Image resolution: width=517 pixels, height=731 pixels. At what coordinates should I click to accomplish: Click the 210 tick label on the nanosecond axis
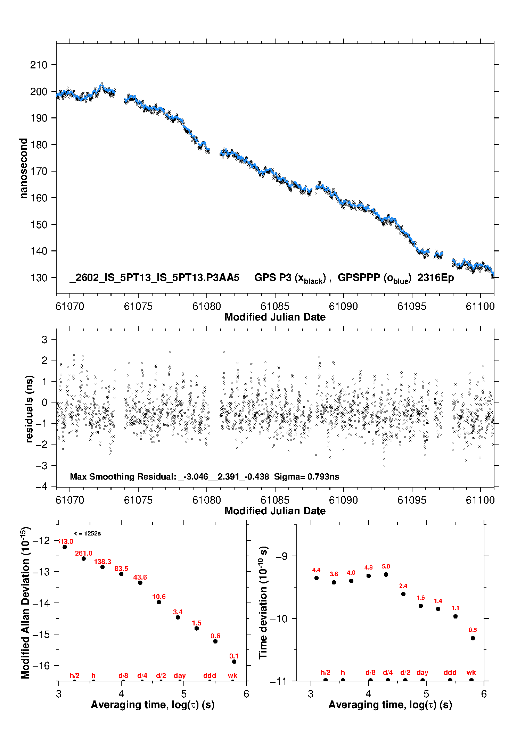coord(39,65)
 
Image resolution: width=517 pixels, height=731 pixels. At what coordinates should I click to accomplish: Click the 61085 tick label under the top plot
coord(275,306)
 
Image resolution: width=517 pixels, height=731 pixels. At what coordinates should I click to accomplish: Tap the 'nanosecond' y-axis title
coord(24,168)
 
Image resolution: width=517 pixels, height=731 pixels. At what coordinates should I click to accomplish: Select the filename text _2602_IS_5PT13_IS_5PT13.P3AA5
coord(154,277)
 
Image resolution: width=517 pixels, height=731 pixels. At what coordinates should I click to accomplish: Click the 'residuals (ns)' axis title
coord(30,409)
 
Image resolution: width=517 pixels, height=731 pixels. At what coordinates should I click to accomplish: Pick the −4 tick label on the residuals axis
coord(41,487)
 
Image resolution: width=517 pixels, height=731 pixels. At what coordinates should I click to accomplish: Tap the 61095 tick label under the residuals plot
coord(412,500)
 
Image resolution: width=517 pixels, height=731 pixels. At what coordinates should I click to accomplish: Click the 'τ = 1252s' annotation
coord(88,533)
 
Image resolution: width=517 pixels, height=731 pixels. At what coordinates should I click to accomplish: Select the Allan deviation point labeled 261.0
coord(84,558)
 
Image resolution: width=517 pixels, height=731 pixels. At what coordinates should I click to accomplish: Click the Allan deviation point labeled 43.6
coord(140,583)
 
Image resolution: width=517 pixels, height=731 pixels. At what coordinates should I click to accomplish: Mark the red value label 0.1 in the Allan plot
coord(234,656)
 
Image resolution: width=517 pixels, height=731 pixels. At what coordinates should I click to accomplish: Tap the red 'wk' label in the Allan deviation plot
coord(232,675)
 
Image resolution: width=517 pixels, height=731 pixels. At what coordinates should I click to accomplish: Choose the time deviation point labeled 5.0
coord(386,574)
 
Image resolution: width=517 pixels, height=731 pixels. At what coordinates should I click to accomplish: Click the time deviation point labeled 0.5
coord(473,638)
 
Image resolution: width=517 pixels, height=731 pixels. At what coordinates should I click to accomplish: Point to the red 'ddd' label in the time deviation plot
coord(450,672)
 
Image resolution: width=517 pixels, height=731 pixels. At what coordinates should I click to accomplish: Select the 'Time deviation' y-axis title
coord(263,603)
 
